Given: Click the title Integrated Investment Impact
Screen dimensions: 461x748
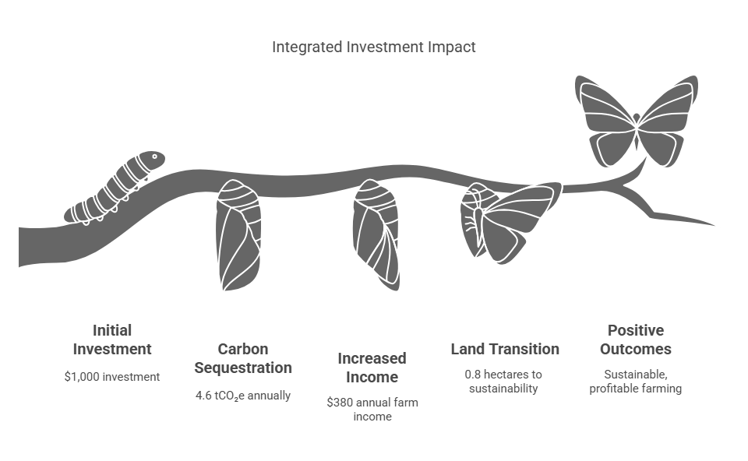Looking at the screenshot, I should pyautogui.click(x=373, y=47).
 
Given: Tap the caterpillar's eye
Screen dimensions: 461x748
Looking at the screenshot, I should pyautogui.click(x=154, y=157).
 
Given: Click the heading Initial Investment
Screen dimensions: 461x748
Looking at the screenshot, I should pyautogui.click(x=111, y=340).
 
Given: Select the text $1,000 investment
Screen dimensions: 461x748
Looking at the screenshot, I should pyautogui.click(x=111, y=376).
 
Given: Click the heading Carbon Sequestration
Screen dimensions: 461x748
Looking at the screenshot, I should pyautogui.click(x=242, y=358).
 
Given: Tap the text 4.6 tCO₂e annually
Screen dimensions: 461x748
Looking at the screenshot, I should pyautogui.click(x=242, y=396).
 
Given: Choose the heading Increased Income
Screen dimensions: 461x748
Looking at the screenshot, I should pyautogui.click(x=371, y=368).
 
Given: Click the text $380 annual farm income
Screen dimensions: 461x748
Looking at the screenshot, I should pyautogui.click(x=371, y=410).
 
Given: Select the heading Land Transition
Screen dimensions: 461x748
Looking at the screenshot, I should pyautogui.click(x=505, y=349).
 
